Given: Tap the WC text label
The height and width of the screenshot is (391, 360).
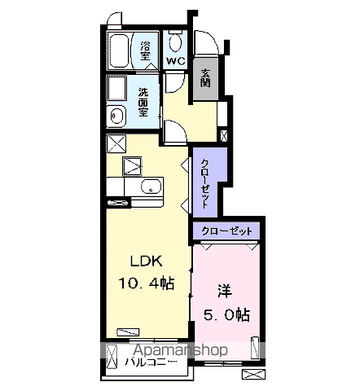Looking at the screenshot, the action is (x=176, y=61).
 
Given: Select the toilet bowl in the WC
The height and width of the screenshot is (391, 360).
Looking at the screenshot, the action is (x=175, y=42).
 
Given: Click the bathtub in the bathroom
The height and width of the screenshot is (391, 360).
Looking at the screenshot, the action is (x=119, y=51).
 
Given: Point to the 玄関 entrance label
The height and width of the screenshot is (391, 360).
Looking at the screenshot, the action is (x=205, y=78).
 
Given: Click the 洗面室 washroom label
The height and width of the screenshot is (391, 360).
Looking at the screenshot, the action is (x=143, y=102).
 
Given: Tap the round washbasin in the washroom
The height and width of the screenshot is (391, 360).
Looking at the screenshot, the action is (x=116, y=116).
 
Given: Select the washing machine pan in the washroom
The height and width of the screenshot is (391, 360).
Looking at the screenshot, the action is (x=116, y=88).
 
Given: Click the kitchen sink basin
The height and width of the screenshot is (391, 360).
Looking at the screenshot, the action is (x=151, y=187).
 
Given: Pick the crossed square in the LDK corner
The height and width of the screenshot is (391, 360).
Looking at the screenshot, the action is (x=116, y=143).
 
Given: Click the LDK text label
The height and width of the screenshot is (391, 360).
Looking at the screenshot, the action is (x=147, y=261).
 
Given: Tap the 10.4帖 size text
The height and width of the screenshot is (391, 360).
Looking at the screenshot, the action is (x=146, y=283).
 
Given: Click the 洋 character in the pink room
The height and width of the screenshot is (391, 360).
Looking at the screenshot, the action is (x=225, y=292).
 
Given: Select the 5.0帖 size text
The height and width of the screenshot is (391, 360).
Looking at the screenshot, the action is (x=227, y=315).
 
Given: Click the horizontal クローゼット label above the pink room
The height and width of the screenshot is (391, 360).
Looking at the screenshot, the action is (x=226, y=231).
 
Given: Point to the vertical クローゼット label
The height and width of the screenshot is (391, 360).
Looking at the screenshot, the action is (x=205, y=183).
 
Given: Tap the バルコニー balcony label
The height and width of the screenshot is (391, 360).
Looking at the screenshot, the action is (x=151, y=362).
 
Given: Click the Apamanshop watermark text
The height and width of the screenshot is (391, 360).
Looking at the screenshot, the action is (x=180, y=350).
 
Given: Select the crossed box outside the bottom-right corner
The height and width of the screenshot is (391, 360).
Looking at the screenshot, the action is (x=253, y=375).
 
